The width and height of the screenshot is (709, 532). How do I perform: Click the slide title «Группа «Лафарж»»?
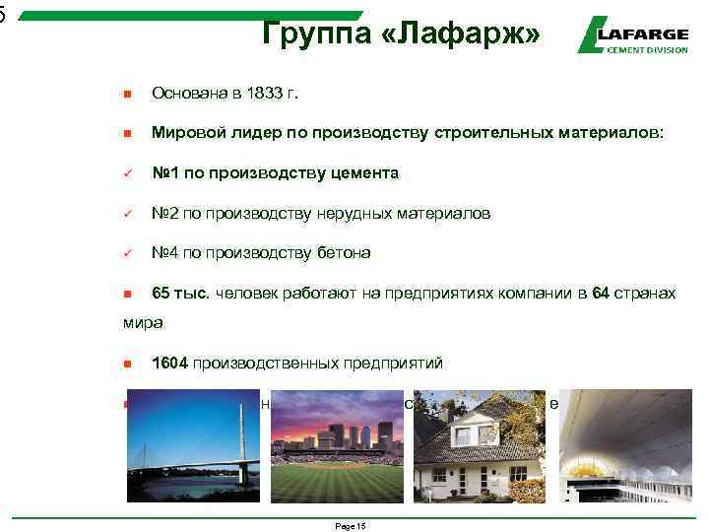pyautogui.click(x=402, y=33)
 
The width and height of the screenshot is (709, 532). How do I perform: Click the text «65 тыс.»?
pyautogui.click(x=181, y=294)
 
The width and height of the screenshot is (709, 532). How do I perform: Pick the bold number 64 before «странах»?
pyautogui.click(x=602, y=294)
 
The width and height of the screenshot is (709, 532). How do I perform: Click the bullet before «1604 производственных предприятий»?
pyautogui.click(x=127, y=364)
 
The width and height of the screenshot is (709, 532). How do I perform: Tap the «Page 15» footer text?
pyautogui.click(x=350, y=527)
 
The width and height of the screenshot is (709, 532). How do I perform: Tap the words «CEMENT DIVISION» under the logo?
pyautogui.click(x=648, y=49)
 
